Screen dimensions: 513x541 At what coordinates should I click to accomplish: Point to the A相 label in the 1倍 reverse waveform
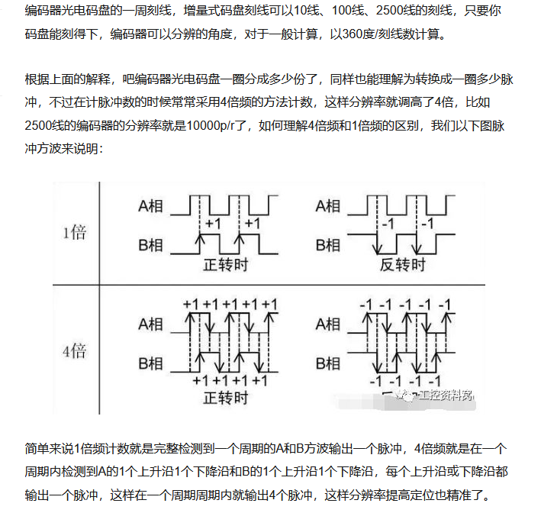click(x=327, y=205)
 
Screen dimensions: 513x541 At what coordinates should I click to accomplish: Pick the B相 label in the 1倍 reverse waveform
click(x=327, y=246)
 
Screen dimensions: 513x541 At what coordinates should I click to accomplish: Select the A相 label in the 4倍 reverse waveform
click(x=327, y=324)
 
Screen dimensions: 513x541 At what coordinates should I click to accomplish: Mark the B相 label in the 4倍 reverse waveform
click(x=327, y=363)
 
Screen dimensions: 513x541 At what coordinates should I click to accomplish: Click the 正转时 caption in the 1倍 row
click(x=226, y=266)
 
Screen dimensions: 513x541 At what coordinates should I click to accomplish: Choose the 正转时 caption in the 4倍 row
click(x=226, y=398)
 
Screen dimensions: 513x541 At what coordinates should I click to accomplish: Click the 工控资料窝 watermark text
click(x=446, y=395)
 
